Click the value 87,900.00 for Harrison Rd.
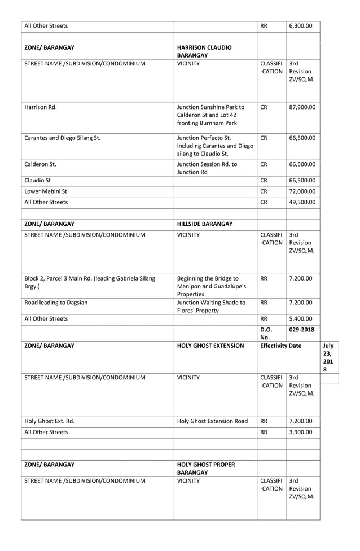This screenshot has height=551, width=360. (302, 107)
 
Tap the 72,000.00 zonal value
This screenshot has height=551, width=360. (302, 191)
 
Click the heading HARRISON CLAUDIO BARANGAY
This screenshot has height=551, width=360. (204, 52)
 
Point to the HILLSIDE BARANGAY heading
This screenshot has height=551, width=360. (205, 224)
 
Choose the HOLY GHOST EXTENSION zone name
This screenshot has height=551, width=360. (210, 346)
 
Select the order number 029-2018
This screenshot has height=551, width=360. (302, 329)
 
